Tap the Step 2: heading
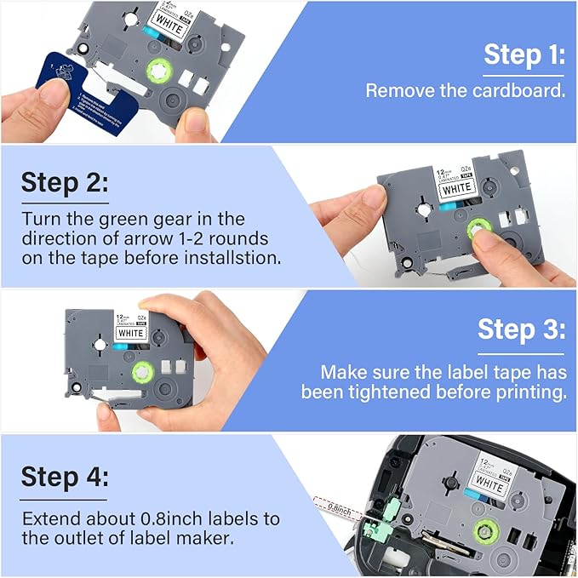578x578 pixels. pyautogui.click(x=65, y=183)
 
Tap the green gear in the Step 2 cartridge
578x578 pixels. pyautogui.click(x=480, y=232)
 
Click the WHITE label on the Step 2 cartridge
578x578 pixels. pyautogui.click(x=457, y=186)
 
